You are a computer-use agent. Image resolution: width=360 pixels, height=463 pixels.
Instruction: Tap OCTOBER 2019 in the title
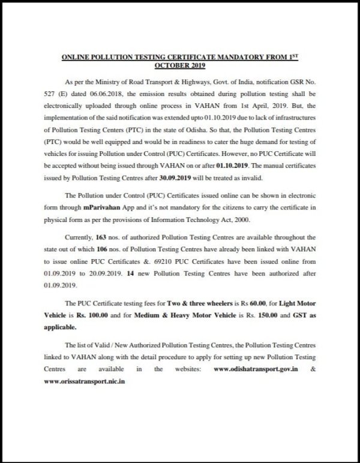(180, 65)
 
